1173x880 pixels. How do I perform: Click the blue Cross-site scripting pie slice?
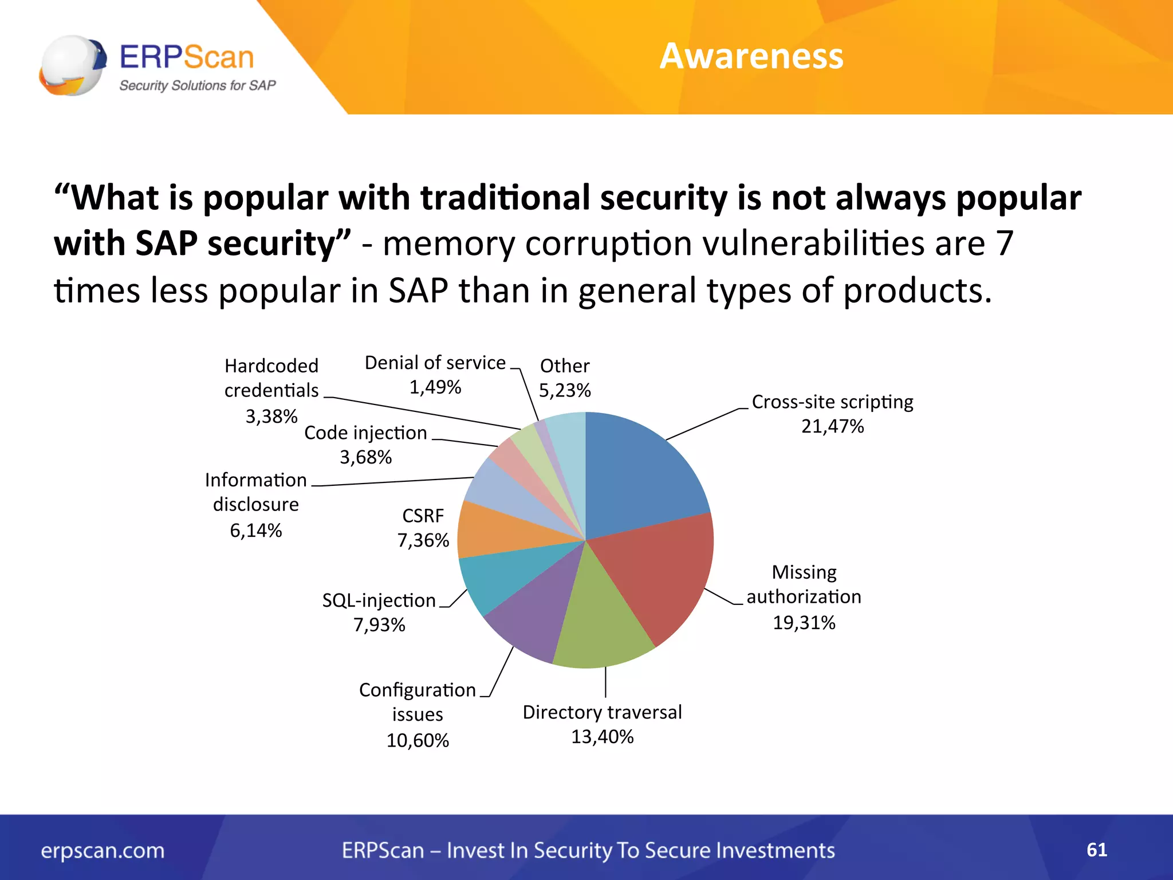pos(641,476)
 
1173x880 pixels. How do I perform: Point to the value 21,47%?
pos(832,426)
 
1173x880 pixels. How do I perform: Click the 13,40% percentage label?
pos(602,737)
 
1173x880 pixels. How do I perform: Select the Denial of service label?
pos(435,363)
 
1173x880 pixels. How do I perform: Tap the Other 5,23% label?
pos(565,378)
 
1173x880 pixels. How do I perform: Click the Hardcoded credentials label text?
pos(271,378)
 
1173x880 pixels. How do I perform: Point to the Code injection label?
pos(365,433)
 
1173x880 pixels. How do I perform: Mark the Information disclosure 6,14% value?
pos(255,531)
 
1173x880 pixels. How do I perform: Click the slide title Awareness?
pos(751,56)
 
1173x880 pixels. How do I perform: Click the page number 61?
pos(1096,850)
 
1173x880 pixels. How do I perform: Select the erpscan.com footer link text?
pos(103,850)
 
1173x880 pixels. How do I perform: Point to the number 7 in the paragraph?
pos(1005,243)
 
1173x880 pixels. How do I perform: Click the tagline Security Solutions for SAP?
pos(197,85)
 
